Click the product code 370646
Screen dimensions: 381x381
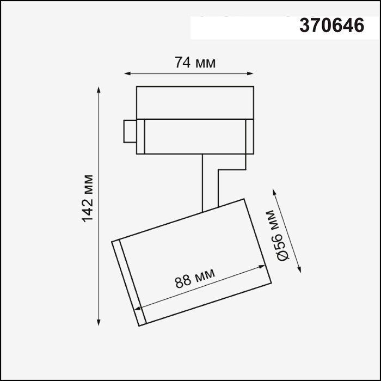pyautogui.click(x=331, y=26)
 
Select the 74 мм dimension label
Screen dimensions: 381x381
pyautogui.click(x=195, y=63)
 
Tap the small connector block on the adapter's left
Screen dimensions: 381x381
pyautogui.click(x=130, y=131)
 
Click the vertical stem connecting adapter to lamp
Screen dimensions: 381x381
pyautogui.click(x=204, y=182)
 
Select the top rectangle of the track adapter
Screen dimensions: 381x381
pyautogui.click(x=195, y=102)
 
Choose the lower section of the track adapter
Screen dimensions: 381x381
pyautogui.click(x=195, y=136)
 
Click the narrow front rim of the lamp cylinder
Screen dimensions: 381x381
pyautogui.click(x=129, y=283)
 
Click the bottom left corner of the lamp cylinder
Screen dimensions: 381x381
pyautogui.click(x=139, y=326)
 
